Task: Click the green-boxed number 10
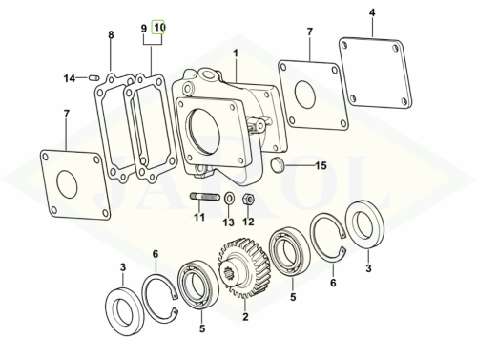pos(158,28)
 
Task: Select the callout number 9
pos(144,29)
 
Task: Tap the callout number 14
pos(69,78)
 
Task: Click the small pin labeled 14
pos(93,77)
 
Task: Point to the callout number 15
pos(321,165)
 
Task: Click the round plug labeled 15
pos(277,163)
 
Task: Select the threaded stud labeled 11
pos(205,197)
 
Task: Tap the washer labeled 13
pos(229,199)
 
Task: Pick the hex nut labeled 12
pos(249,200)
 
